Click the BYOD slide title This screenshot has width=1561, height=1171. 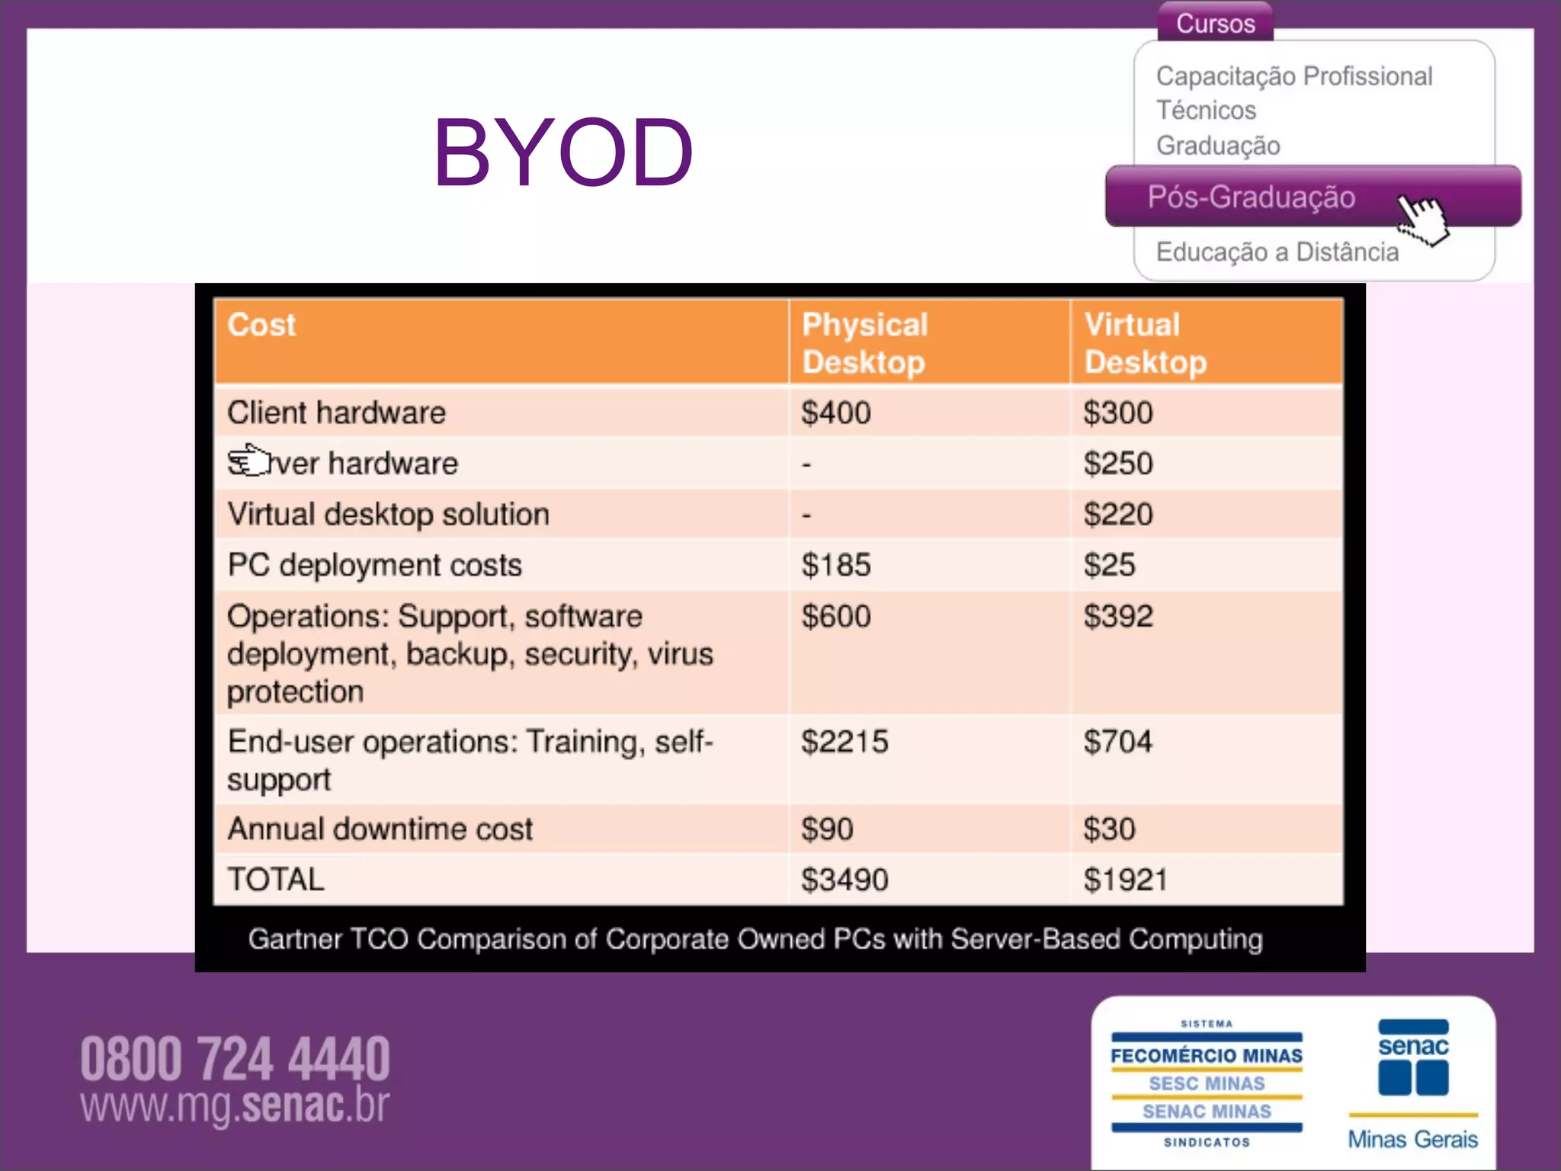[x=563, y=152]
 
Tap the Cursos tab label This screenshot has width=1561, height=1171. [x=1215, y=24]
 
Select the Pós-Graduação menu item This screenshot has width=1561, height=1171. [x=1251, y=197]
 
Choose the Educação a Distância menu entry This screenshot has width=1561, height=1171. [x=1277, y=252]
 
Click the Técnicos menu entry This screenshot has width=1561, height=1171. [x=1206, y=111]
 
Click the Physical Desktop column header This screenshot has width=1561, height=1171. [x=864, y=343]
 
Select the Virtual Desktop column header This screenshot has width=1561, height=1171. [x=1145, y=343]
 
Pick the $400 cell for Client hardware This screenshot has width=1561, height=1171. [x=835, y=413]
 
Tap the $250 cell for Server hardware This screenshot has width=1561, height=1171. [x=1118, y=464]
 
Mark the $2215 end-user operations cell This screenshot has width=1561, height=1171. [x=845, y=742]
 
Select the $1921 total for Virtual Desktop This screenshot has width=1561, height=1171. [x=1125, y=880]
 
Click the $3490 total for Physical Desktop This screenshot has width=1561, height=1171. [x=845, y=880]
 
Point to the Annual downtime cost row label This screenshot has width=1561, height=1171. [x=380, y=829]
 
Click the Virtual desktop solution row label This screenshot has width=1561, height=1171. [x=388, y=515]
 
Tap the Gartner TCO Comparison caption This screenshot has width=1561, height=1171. [x=755, y=939]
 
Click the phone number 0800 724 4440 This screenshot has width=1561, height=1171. [x=235, y=1059]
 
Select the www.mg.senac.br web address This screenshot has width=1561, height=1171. [x=235, y=1105]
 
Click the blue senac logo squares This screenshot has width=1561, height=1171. [x=1413, y=1077]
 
